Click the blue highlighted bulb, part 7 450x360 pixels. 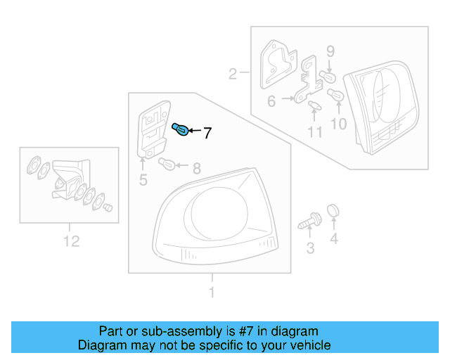pyautogui.click(x=181, y=130)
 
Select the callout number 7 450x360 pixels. pyautogui.click(x=207, y=132)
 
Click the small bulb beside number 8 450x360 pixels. pyautogui.click(x=168, y=165)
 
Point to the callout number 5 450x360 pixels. pyautogui.click(x=143, y=181)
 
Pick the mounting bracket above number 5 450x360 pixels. pyautogui.click(x=153, y=131)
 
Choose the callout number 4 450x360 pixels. pyautogui.click(x=334, y=240)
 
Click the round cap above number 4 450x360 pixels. pyautogui.click(x=334, y=210)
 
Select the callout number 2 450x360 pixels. pyautogui.click(x=232, y=72)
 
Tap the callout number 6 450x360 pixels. pyautogui.click(x=271, y=101)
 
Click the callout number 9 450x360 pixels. pyautogui.click(x=330, y=51)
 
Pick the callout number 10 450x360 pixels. pyautogui.click(x=338, y=124)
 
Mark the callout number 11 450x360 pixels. pyautogui.click(x=314, y=131)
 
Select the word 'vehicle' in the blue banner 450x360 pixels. pyautogui.click(x=309, y=345)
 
